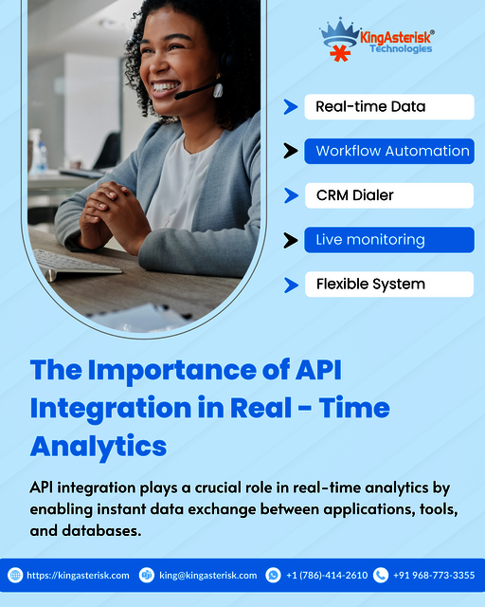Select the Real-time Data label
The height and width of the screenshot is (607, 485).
click(388, 107)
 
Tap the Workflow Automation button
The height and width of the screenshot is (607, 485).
click(388, 152)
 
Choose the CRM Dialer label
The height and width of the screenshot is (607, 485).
click(388, 195)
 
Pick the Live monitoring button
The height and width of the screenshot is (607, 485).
click(388, 240)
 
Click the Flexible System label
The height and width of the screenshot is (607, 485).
click(388, 284)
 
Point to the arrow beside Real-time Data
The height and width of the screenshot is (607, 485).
click(291, 107)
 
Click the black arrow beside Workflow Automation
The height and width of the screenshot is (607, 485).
click(291, 152)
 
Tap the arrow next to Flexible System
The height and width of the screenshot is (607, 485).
click(291, 284)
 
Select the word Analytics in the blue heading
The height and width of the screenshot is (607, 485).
click(99, 445)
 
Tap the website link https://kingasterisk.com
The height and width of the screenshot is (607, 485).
click(78, 575)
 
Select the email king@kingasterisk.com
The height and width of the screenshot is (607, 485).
click(207, 575)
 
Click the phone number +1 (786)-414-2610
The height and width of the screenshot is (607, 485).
click(326, 575)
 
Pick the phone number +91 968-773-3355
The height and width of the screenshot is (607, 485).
click(434, 575)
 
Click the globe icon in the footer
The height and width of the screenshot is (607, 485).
click(15, 575)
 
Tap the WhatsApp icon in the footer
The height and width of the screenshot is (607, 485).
click(274, 575)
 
